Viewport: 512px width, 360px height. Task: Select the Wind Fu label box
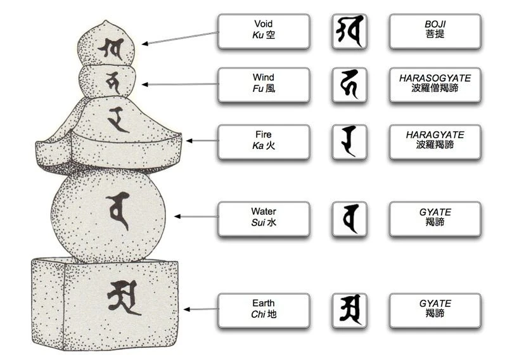[x=263, y=85]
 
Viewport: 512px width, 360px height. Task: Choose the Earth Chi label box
[x=263, y=310]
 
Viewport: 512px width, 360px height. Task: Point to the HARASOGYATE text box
[x=435, y=85]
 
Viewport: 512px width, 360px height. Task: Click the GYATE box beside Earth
[x=435, y=310]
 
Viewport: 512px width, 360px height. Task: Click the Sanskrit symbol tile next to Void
[x=349, y=32]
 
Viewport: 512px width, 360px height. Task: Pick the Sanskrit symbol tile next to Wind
[x=349, y=85]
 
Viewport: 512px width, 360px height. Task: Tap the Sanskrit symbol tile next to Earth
[x=349, y=310]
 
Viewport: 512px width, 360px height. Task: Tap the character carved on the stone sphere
[x=118, y=212]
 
